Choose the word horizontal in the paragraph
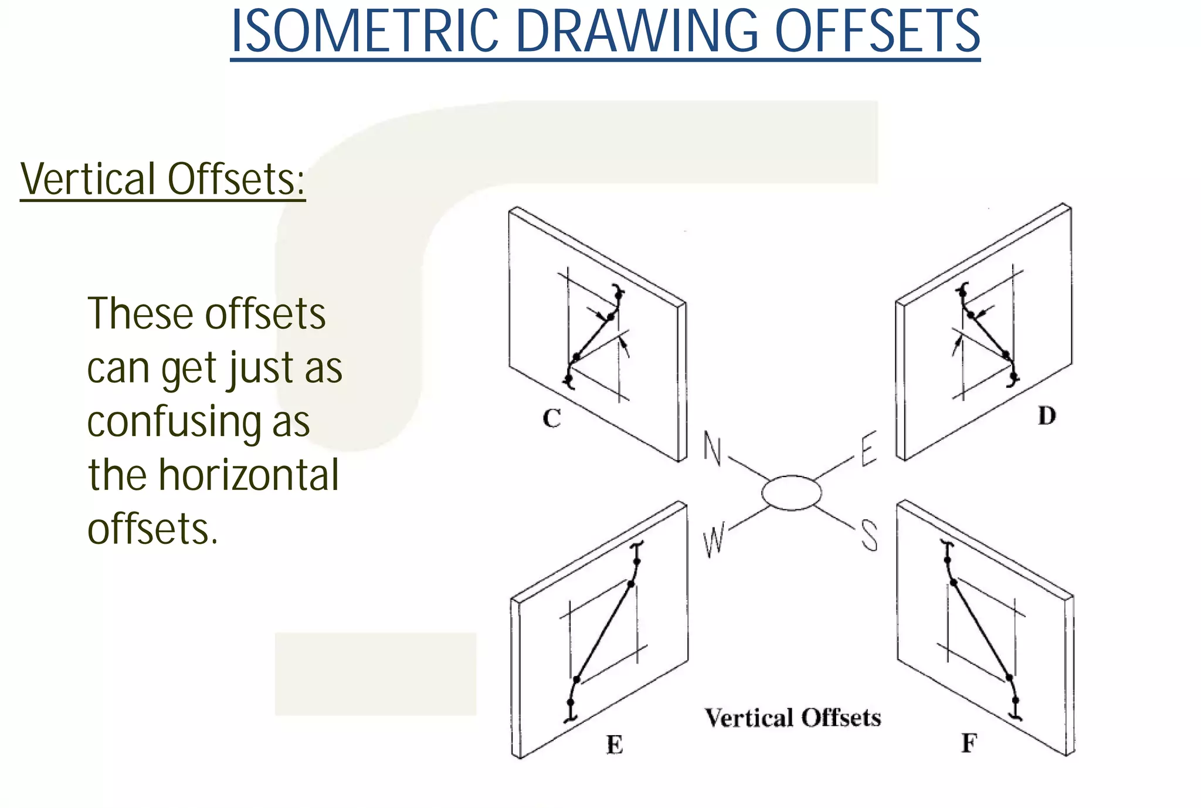[249, 475]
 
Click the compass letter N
[713, 449]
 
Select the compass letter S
[869, 537]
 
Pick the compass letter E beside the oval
[868, 449]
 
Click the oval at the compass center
[792, 493]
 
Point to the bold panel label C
[552, 419]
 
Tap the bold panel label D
[1047, 416]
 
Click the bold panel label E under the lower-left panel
[614, 745]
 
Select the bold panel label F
[969, 743]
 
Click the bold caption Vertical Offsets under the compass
[792, 718]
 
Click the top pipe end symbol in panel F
[945, 546]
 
